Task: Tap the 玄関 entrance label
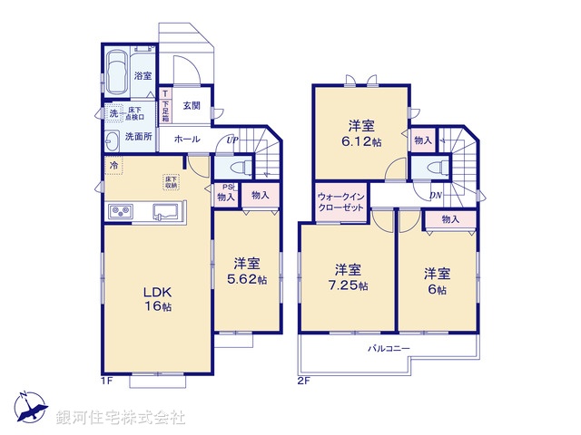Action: (192, 105)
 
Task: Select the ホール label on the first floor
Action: (187, 140)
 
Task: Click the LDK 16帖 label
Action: (155, 299)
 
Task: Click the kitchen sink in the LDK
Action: (166, 212)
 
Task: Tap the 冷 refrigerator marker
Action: (113, 165)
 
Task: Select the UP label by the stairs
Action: (232, 140)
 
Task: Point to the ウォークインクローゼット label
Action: (341, 202)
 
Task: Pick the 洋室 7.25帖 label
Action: (348, 277)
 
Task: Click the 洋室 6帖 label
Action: (437, 280)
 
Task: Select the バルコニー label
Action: (389, 349)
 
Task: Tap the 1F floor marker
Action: (105, 380)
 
